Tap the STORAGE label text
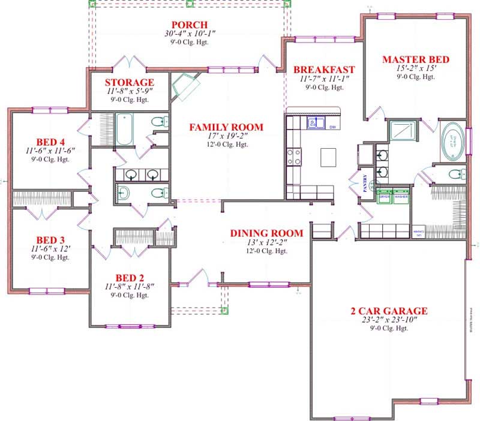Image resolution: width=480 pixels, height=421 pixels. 130,82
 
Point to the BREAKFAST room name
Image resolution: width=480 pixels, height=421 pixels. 324,70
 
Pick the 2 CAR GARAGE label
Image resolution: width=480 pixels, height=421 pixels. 389,311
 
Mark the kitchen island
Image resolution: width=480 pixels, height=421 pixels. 329,157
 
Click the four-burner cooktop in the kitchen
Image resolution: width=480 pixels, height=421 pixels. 294,157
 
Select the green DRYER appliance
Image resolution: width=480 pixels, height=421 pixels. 385,198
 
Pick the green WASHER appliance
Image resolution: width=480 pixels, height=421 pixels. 401,198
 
